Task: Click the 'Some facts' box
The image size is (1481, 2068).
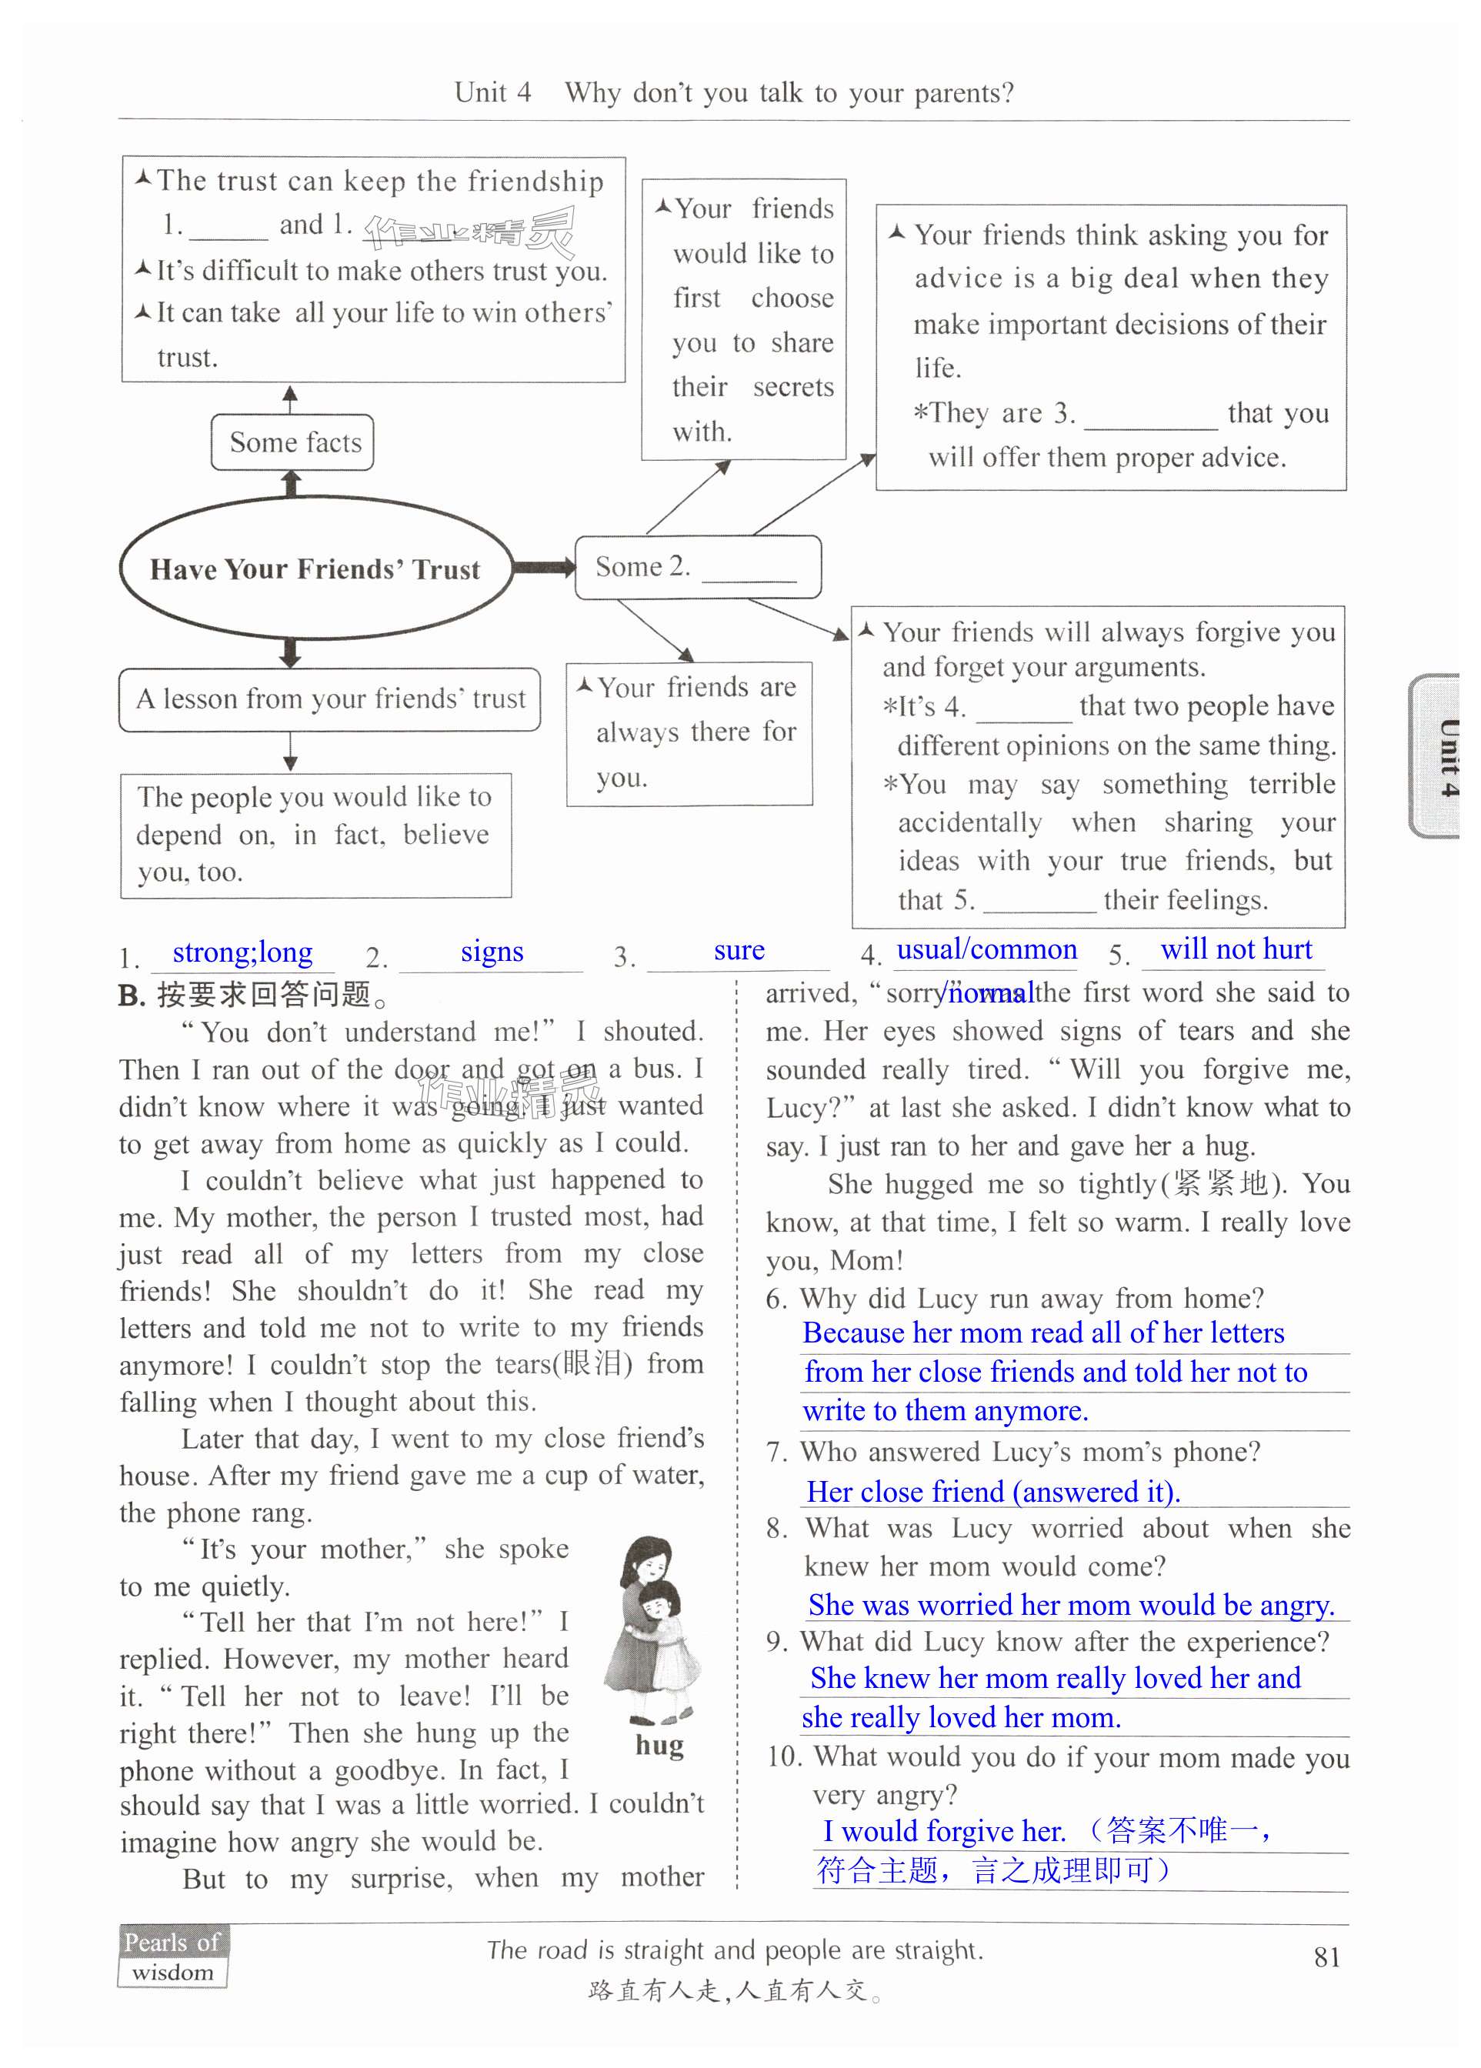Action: click(x=292, y=443)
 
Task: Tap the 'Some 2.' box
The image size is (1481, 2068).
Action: click(x=698, y=567)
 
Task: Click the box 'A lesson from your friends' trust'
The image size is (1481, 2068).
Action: click(x=329, y=699)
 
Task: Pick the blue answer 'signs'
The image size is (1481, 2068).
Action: click(x=492, y=952)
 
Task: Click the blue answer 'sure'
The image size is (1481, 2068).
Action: click(x=739, y=951)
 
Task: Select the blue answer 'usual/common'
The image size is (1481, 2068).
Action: click(x=987, y=950)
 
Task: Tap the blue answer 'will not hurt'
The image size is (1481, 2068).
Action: click(x=1236, y=949)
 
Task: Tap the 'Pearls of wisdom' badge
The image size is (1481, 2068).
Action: click(x=172, y=1956)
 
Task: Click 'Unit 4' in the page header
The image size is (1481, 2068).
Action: click(x=492, y=93)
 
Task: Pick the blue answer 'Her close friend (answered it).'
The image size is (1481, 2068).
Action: click(x=993, y=1493)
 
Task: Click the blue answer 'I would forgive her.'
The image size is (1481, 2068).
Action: click(x=944, y=1832)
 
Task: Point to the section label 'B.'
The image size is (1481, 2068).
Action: click(x=132, y=996)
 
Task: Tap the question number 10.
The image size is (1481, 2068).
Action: click(x=784, y=1757)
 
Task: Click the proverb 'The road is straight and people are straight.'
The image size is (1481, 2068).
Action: click(x=735, y=1950)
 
